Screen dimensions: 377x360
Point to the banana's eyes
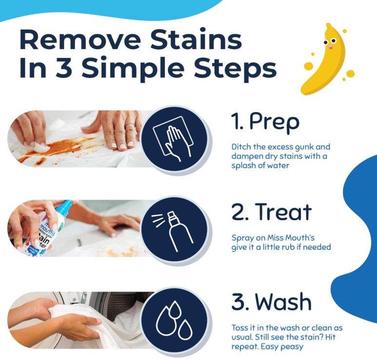[x=330, y=41]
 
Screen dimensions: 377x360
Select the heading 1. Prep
[x=265, y=122]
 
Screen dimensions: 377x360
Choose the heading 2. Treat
[x=272, y=212]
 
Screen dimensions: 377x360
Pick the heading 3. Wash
[x=272, y=302]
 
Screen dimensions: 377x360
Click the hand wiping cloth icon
[x=173, y=139]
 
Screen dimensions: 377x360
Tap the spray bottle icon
[x=172, y=231]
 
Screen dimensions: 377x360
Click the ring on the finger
[x=130, y=125]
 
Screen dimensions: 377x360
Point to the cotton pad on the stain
[x=40, y=147]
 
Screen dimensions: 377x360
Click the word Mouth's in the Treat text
[x=300, y=238]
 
